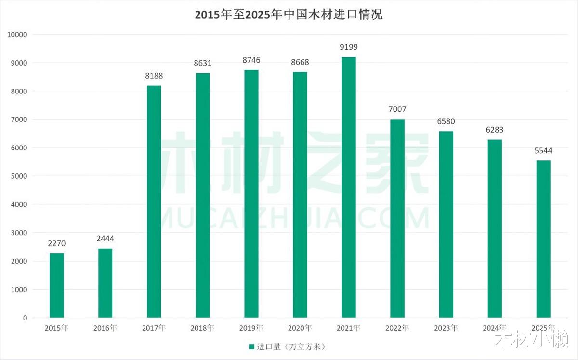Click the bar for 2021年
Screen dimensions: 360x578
pos(349,187)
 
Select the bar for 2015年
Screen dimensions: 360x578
pos(57,285)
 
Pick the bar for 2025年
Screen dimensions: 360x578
pos(543,239)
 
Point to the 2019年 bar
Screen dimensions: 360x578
pos(251,194)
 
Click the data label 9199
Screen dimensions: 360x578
pos(349,47)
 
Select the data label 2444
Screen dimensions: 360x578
pos(105,239)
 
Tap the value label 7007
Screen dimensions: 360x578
pos(397,109)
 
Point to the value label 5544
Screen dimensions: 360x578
pos(543,151)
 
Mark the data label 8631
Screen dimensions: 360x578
pos(203,63)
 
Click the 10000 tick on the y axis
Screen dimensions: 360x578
pos(18,35)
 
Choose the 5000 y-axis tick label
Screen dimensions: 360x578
pos(20,176)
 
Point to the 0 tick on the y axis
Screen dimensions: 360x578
pos(25,318)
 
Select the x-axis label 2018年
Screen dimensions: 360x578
pos(203,328)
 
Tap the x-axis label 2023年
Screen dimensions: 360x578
pos(446,328)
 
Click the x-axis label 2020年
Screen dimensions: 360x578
pos(300,328)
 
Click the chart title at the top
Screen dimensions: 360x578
pos(289,14)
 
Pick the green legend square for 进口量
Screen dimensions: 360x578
pos(251,347)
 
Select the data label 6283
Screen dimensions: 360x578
pos(495,130)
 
